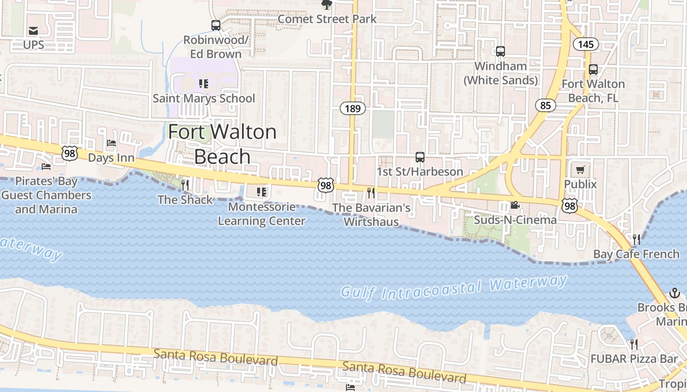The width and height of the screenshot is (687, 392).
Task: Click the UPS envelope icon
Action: pyautogui.click(x=33, y=31)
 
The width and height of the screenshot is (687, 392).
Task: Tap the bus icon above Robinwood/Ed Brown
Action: pyautogui.click(x=216, y=25)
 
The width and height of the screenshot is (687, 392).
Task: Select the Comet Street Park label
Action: pyautogui.click(x=327, y=19)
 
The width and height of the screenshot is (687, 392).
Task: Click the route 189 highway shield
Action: pyautogui.click(x=353, y=108)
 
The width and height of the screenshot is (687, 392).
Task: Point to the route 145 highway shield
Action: pyautogui.click(x=585, y=45)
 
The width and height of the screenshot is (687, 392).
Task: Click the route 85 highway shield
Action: pyautogui.click(x=545, y=105)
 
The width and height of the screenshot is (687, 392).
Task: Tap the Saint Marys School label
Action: pyautogui.click(x=204, y=98)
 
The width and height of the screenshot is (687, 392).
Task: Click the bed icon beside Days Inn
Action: pyautogui.click(x=111, y=144)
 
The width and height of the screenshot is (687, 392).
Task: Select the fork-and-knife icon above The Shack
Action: pyautogui.click(x=185, y=185)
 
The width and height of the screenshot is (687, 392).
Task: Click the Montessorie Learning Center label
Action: pyautogui.click(x=262, y=214)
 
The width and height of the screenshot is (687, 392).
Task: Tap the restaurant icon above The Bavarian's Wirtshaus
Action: pyautogui.click(x=371, y=193)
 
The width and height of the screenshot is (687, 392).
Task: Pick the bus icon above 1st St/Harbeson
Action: pyautogui.click(x=420, y=157)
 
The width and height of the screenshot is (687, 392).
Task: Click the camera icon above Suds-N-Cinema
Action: pyautogui.click(x=515, y=205)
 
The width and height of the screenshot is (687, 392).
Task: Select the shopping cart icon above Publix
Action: pyautogui.click(x=581, y=170)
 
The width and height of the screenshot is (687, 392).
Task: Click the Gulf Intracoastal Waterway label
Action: pyautogui.click(x=454, y=287)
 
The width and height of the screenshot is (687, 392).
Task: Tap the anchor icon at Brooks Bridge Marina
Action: pyautogui.click(x=674, y=294)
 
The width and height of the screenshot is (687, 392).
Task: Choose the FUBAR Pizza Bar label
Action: pyautogui.click(x=634, y=359)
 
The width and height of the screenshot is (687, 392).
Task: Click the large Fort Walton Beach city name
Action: pyautogui.click(x=222, y=144)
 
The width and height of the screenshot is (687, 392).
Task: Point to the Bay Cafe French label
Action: pyautogui.click(x=630, y=254)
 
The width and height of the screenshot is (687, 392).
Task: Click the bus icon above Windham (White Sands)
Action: pyautogui.click(x=501, y=51)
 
